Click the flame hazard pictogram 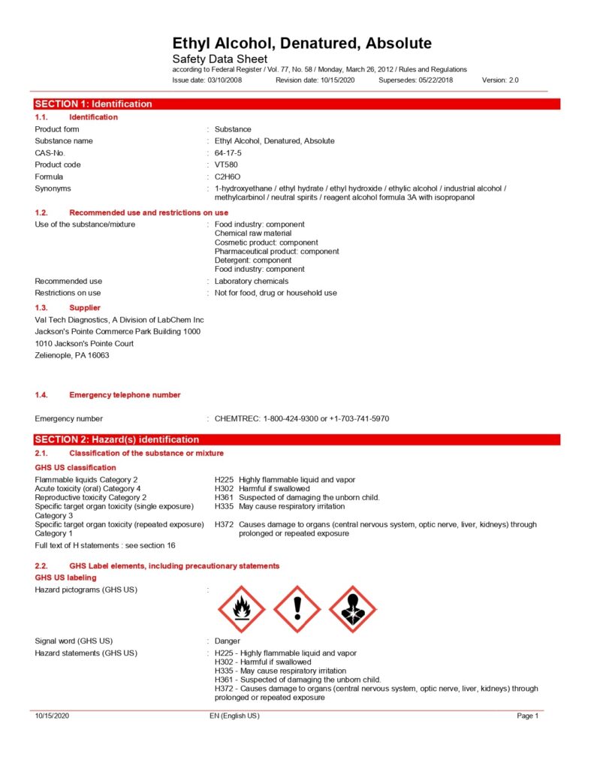point(241,609)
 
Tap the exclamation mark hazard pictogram point(297,609)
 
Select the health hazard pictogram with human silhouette point(353,609)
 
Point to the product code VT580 point(226,164)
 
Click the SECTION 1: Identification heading point(93,104)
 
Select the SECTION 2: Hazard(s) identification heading point(117,439)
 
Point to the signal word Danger point(228,641)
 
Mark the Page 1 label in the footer point(528,716)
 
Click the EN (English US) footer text point(234,716)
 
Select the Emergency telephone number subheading point(125,395)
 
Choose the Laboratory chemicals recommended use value point(252,281)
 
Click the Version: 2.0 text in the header point(500,80)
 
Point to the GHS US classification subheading point(76,467)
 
